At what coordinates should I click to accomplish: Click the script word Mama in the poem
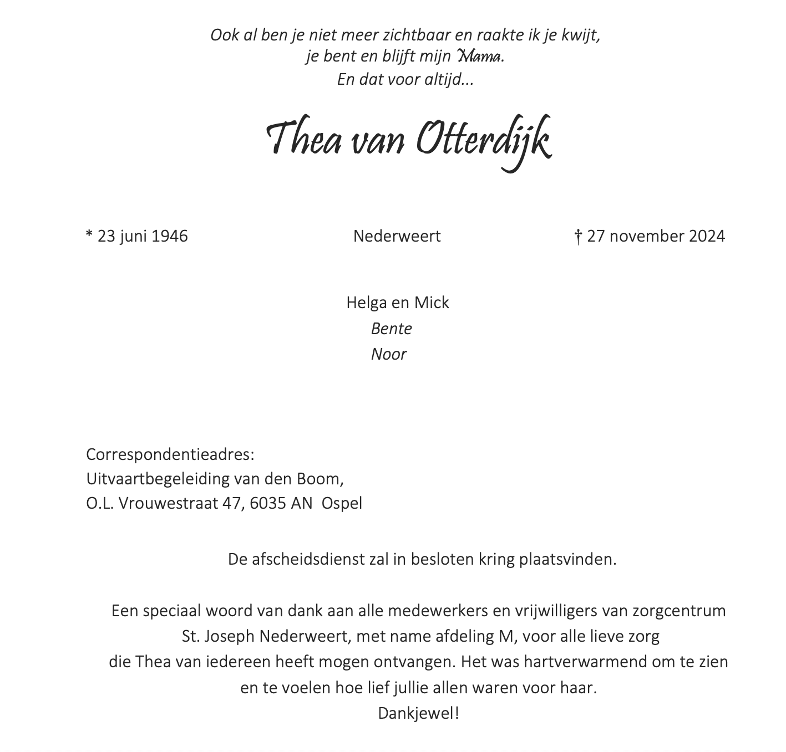479,57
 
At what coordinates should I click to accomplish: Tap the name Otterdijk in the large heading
483,140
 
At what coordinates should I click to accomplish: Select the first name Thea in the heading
304,140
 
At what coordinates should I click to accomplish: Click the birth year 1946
170,236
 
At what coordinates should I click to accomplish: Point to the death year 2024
706,236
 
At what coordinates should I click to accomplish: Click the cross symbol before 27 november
577,237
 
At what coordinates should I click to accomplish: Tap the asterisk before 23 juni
89,235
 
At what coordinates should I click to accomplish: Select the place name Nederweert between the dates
397,236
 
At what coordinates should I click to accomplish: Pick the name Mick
432,303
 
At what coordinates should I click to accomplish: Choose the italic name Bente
392,329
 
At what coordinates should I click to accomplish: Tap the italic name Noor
389,354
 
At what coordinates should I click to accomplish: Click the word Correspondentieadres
169,454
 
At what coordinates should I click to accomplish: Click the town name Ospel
342,504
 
